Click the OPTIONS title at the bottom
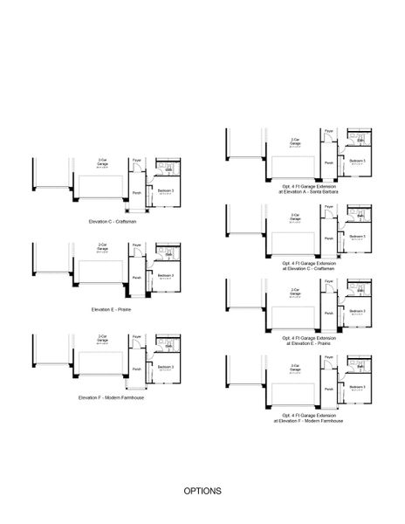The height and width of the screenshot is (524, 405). [x=202, y=491]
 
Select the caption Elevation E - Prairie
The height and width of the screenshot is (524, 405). [x=112, y=309]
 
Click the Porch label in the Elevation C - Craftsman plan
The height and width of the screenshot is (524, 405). [x=137, y=193]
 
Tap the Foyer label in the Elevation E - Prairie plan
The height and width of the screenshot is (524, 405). [x=137, y=246]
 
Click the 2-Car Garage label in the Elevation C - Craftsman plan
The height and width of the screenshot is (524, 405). [x=103, y=162]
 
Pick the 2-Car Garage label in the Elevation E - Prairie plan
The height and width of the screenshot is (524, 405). [x=103, y=246]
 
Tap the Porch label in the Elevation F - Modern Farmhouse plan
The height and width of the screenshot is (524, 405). [x=137, y=368]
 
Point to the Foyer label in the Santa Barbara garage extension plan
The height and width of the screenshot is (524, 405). [x=328, y=131]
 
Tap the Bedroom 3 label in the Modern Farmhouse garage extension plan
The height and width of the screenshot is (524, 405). [x=357, y=387]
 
